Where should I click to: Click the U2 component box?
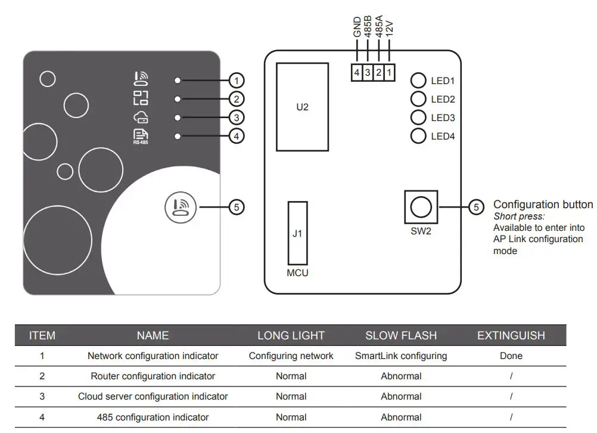coord(302,107)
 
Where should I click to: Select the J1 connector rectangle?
coord(297,233)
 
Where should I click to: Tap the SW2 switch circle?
coord(421,207)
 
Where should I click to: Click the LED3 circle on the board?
coord(419,117)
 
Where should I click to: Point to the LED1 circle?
coord(419,81)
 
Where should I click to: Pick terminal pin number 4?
coord(356,73)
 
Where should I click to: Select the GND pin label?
coord(357,27)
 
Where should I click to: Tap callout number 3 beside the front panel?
coord(237,117)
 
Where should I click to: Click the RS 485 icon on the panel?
coord(141,136)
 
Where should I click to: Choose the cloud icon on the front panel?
coord(141,117)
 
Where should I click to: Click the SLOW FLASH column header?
coord(401,336)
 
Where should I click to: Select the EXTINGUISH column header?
coord(511,336)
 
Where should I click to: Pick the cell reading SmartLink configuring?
coord(401,356)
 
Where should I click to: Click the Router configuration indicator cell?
coord(153,376)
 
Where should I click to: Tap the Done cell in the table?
coord(511,356)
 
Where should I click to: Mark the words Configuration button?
coord(543,205)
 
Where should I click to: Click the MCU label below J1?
coord(297,274)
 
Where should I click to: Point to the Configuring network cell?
coord(291,356)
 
